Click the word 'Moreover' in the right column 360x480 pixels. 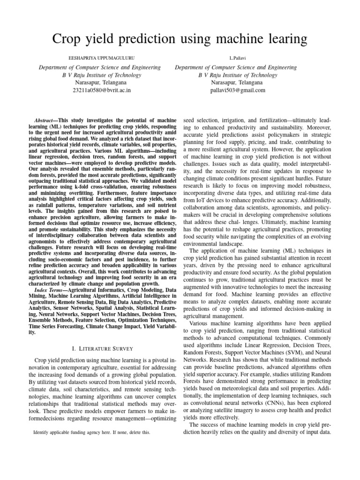(x=319, y=127)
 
